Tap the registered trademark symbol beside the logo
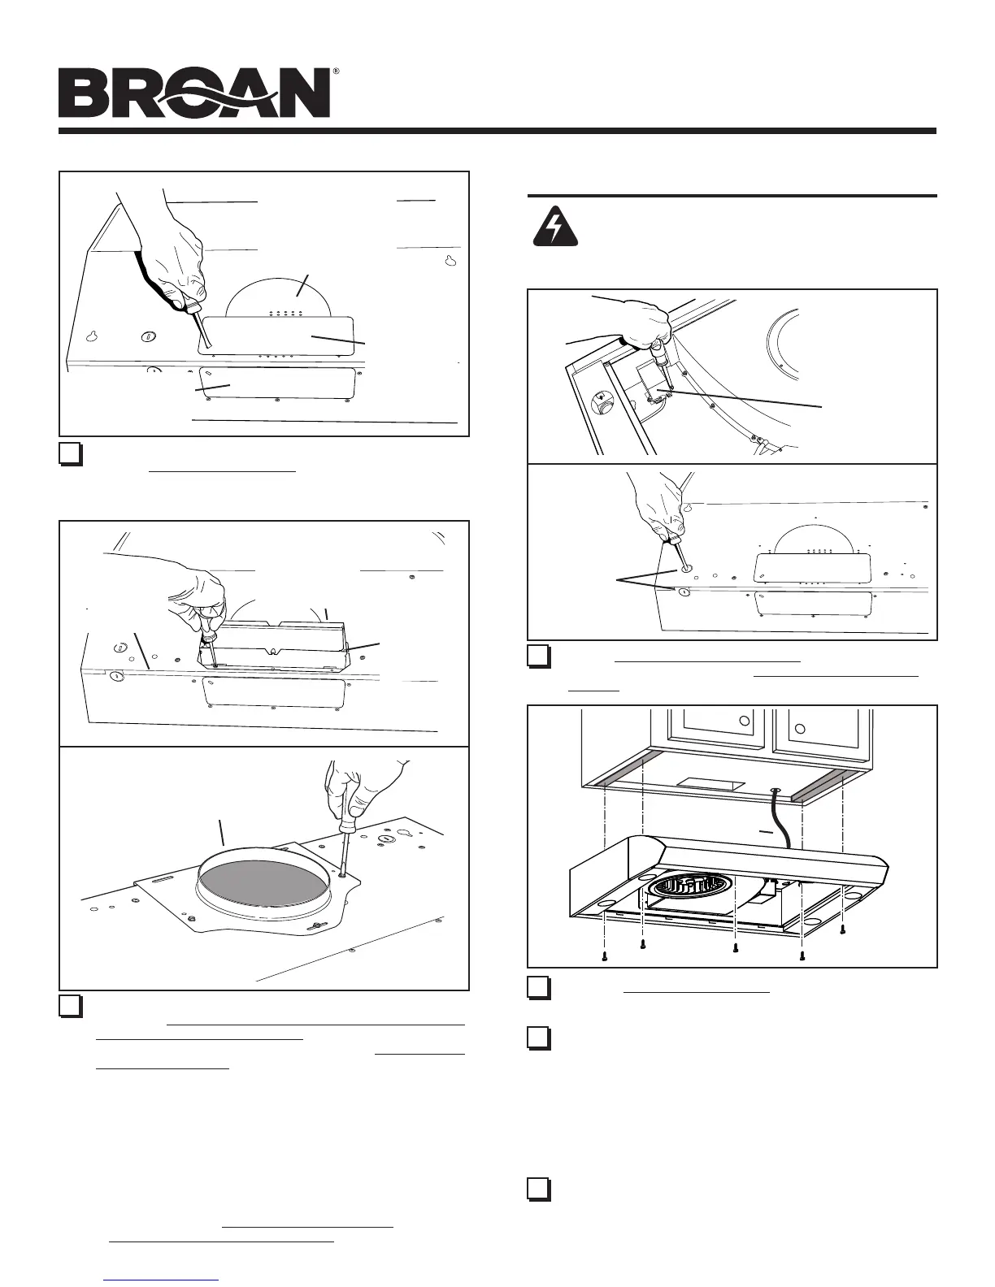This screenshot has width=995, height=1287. click(335, 72)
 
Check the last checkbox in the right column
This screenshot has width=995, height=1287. click(537, 1189)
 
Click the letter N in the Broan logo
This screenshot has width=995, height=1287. click(301, 93)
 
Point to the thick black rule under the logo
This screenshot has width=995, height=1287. click(497, 131)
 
